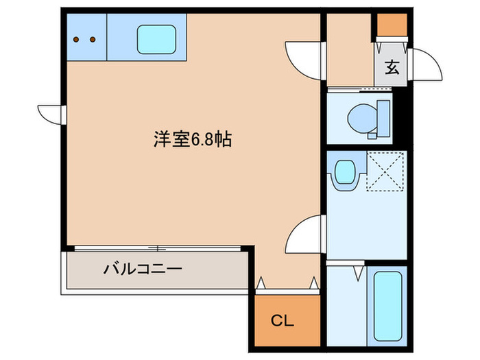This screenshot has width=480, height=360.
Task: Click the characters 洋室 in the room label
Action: coord(171,140)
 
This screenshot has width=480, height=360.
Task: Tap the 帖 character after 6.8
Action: coord(221,140)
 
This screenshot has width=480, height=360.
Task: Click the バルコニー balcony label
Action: coord(143,269)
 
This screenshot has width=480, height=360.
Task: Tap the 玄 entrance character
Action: coord(392,67)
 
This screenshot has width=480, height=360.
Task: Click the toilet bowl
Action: coord(359,119)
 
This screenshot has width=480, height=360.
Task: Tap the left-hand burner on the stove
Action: coord(77,39)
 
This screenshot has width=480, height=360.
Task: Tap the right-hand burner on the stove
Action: coord(92,39)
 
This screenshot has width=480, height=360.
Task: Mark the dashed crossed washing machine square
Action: coord(385,171)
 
